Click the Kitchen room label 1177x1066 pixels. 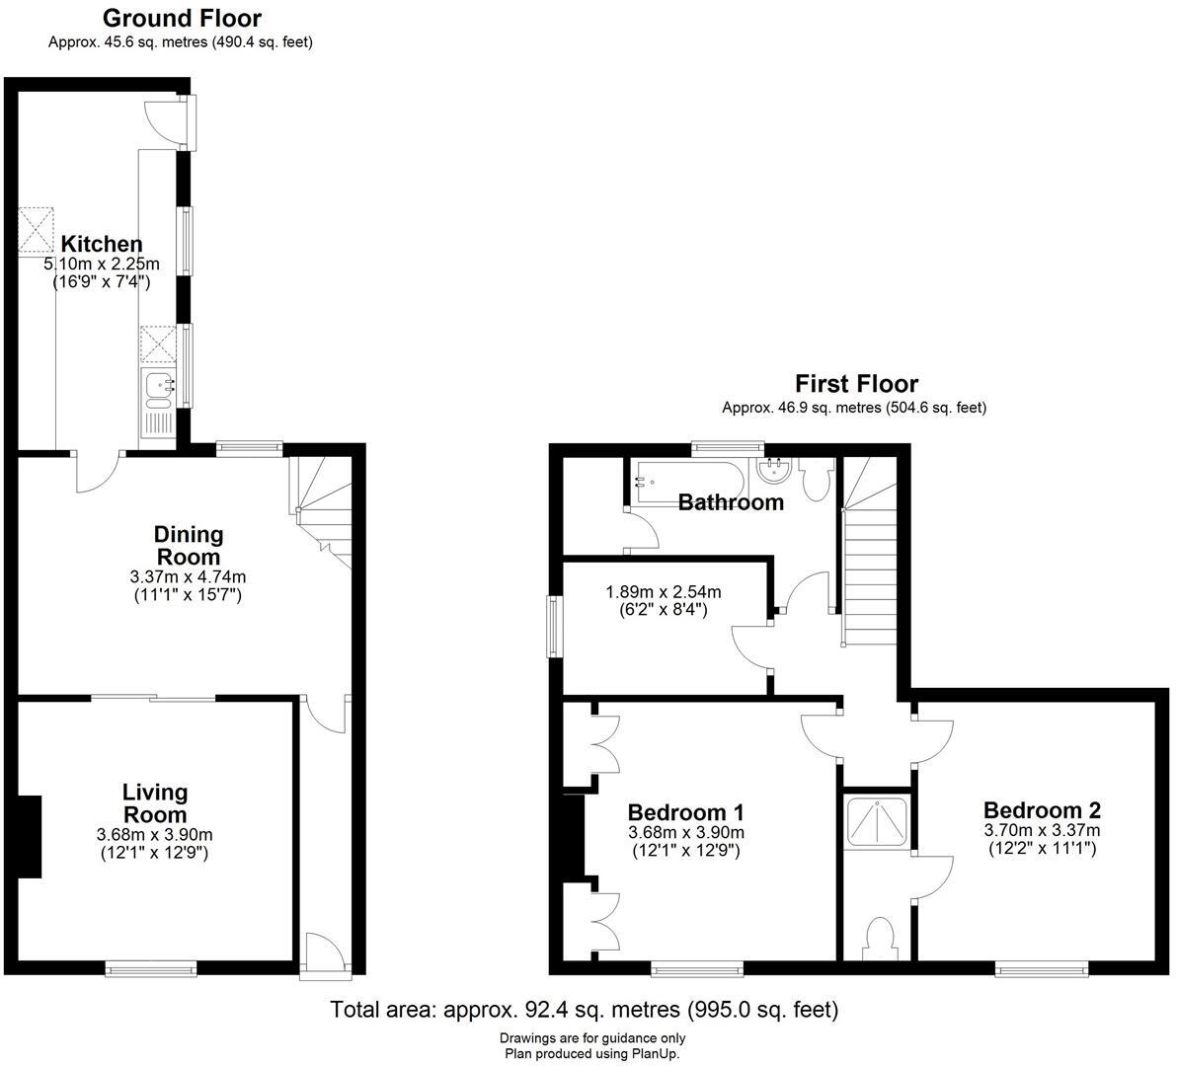coord(101,244)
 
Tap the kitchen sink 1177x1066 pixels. coord(158,387)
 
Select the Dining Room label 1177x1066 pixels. coord(189,545)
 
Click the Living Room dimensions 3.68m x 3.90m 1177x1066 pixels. coord(154,834)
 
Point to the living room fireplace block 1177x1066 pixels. coord(31,836)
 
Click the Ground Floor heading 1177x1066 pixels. coord(182,18)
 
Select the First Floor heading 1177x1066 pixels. coord(856,383)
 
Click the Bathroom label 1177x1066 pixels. coord(731,502)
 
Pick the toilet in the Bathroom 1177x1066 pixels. coord(816,483)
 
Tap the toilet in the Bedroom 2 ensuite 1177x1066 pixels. coord(878,938)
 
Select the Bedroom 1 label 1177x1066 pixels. coord(685,812)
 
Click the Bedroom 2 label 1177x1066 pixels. coord(1042,809)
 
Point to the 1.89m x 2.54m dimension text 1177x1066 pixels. coord(663,592)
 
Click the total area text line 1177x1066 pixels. coord(584,1010)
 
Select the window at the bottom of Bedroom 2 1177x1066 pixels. coord(1042,969)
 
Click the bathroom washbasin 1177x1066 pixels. coord(774,471)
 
